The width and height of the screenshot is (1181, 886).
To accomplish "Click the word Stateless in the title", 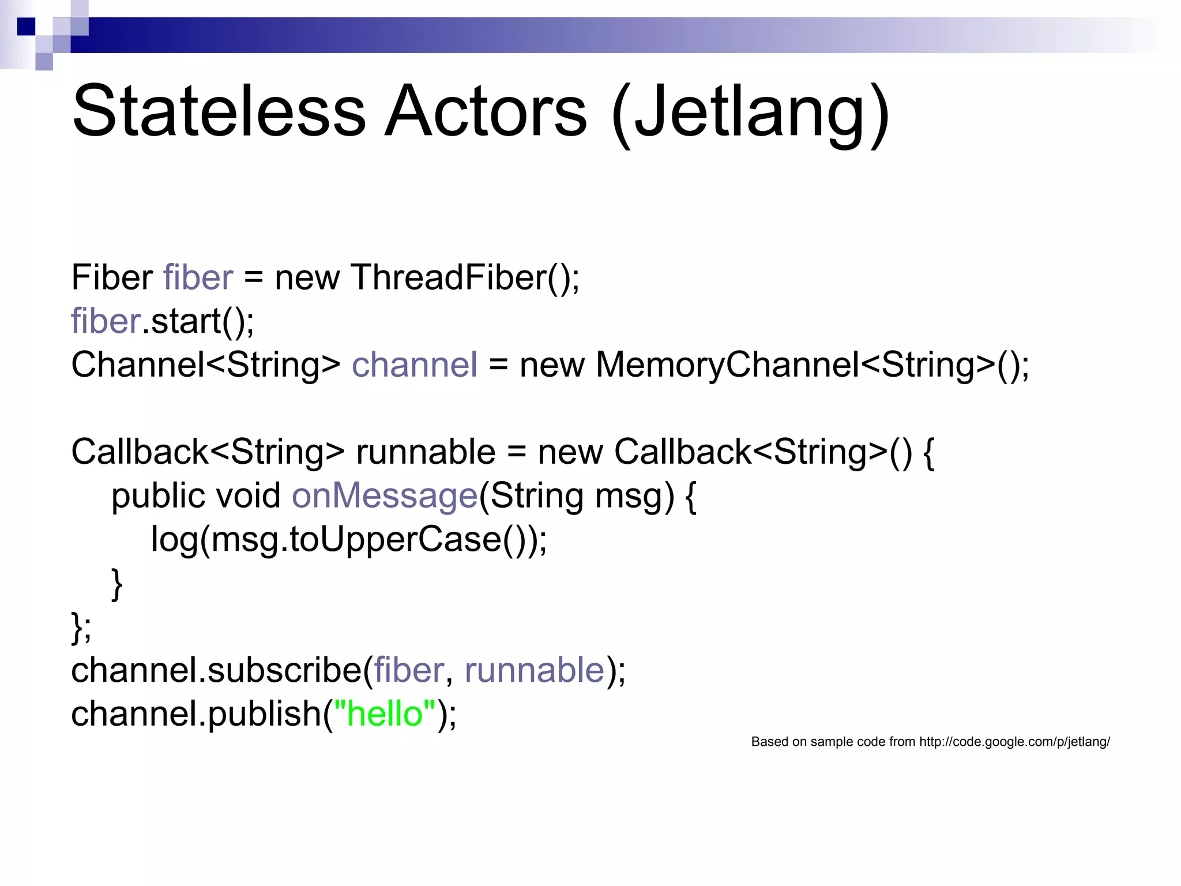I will (x=219, y=111).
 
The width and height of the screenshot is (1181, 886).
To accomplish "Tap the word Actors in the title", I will (x=486, y=111).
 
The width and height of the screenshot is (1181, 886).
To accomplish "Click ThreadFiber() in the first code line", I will (x=464, y=278).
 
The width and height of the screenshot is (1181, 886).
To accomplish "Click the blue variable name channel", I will (x=415, y=365).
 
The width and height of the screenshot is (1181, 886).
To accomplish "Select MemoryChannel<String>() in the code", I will (x=812, y=365).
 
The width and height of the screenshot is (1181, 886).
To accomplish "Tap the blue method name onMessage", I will (x=385, y=496).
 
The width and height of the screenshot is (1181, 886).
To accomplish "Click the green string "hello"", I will (x=385, y=714).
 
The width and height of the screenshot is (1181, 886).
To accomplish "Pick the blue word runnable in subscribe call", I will (x=534, y=670).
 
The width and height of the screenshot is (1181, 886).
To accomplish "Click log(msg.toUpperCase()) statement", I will (x=348, y=540).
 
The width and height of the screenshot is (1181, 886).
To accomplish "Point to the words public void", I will (x=196, y=496).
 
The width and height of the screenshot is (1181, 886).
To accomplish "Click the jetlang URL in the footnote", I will (x=1014, y=742).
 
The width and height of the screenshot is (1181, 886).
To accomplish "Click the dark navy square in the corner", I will (x=26, y=27).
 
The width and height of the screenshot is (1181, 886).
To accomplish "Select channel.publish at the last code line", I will (x=196, y=714).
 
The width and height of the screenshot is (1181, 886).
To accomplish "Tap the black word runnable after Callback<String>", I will (x=426, y=452).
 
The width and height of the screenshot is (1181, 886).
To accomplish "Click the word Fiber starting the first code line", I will (x=112, y=278).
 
